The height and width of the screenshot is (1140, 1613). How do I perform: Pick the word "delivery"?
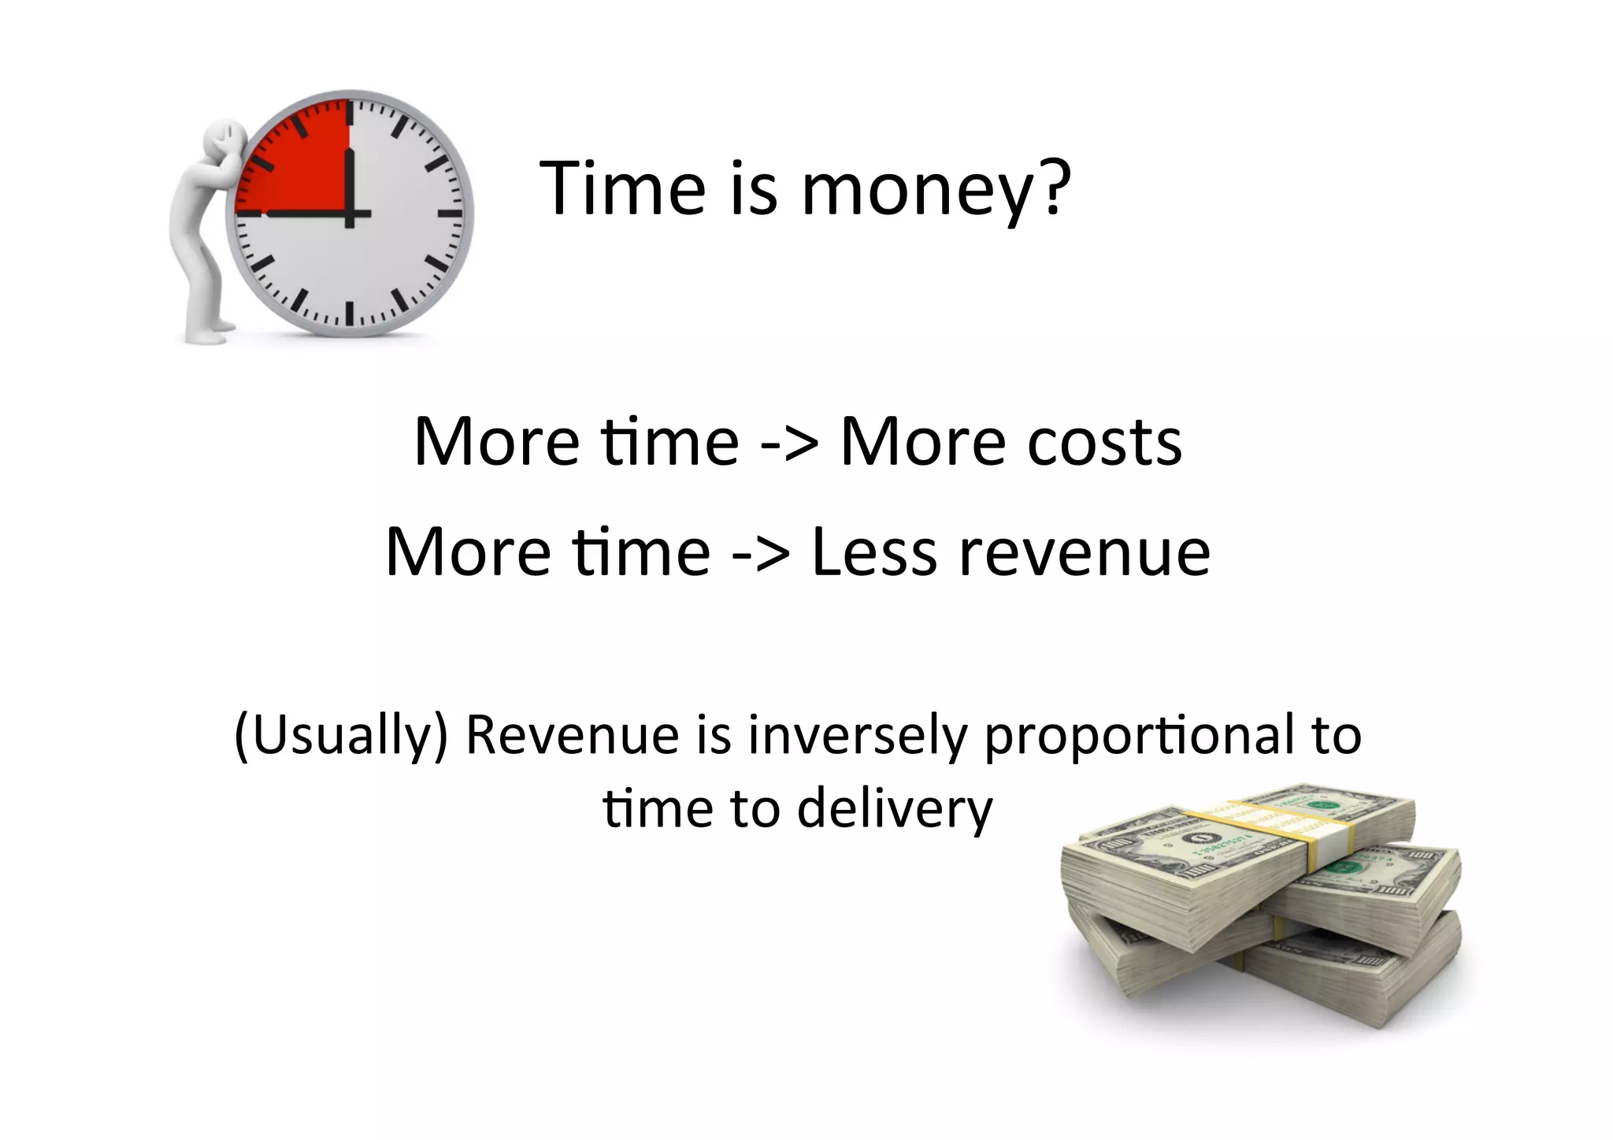[x=895, y=809]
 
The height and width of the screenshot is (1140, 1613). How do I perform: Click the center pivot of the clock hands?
[x=349, y=214]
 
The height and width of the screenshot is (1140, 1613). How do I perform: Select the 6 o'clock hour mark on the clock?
[x=349, y=314]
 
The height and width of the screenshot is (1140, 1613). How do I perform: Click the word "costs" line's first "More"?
[x=497, y=442]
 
